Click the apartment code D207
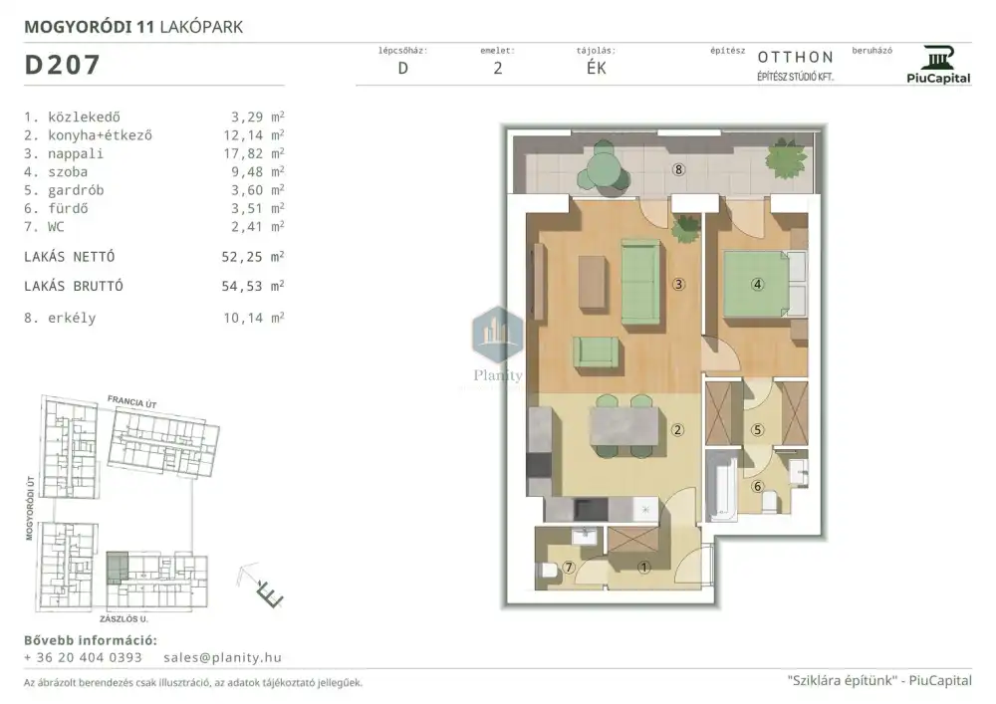coord(62,65)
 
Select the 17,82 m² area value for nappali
coord(257,153)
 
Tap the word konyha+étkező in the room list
coord(100,135)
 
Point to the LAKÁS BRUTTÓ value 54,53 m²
coord(253,287)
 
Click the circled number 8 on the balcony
coord(678,169)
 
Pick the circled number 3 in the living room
coord(678,284)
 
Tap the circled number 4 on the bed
coord(757,284)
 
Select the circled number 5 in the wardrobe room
coord(757,430)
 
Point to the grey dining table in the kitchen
coord(624,426)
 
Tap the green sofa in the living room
coord(640,283)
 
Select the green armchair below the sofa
coord(596,352)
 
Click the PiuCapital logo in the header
coord(938,65)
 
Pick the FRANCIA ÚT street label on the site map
coord(131,402)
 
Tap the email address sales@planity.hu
coord(222,657)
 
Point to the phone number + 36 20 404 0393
coord(83,657)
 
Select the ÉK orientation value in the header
coord(596,68)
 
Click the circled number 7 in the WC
coord(569,567)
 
